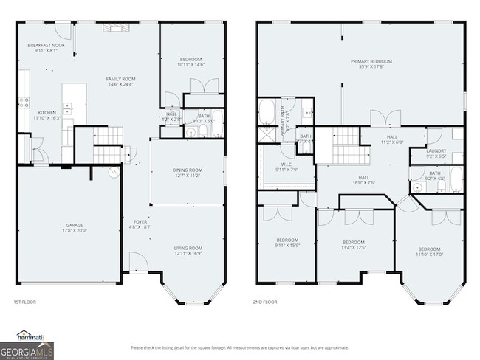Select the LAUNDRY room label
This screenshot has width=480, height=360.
[x=436, y=153]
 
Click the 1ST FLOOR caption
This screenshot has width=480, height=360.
[x=24, y=302]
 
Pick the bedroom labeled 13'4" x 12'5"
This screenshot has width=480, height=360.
[x=353, y=245]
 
